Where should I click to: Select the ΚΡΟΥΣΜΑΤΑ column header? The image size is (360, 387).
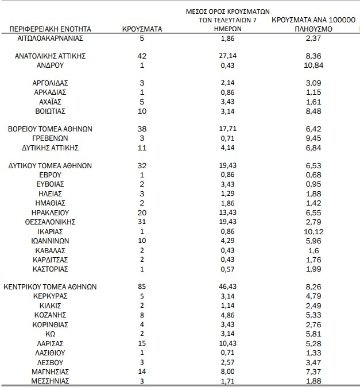click(x=142, y=28)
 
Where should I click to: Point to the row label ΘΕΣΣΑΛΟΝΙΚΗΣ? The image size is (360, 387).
click(x=50, y=222)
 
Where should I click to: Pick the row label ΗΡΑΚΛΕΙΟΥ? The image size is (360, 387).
click(x=50, y=212)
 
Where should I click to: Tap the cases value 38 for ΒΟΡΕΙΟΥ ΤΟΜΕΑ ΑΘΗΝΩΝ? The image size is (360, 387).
click(x=142, y=129)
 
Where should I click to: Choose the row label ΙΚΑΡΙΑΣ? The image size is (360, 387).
click(x=50, y=231)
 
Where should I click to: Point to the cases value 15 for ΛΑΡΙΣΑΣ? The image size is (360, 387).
click(x=142, y=342)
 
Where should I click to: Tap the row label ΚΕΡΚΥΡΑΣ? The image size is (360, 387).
click(x=50, y=296)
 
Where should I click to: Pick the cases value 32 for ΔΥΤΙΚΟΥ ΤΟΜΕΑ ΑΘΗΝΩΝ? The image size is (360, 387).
click(x=142, y=165)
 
